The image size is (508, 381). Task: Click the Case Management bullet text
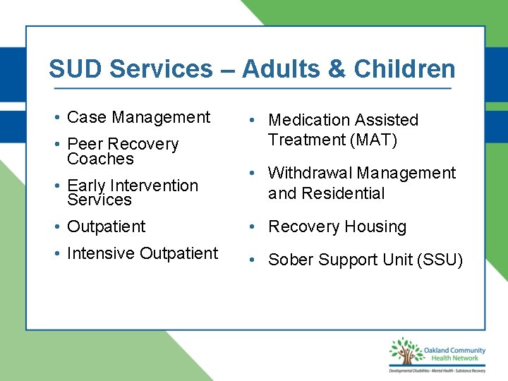[138, 117]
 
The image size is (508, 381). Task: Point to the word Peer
[84, 144]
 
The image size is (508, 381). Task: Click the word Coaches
[100, 159]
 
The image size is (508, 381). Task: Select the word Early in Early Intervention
[85, 186]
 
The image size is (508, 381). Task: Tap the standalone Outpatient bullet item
[106, 226]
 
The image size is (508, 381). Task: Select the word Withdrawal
[310, 173]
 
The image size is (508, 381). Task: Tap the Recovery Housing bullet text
[337, 227]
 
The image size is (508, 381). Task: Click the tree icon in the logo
[404, 352]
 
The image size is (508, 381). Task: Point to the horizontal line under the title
[253, 89]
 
